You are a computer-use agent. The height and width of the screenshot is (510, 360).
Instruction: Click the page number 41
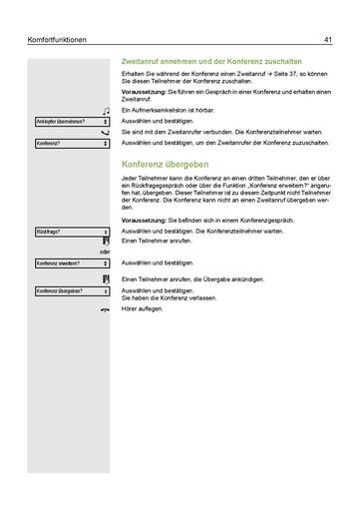pos(327,40)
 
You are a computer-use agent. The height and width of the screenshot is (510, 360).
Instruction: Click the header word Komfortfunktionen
pos(59,40)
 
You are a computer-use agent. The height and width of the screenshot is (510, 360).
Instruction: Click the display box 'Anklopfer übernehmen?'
pos(71,122)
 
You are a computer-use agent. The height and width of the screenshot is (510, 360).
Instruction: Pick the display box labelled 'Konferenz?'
pos(71,144)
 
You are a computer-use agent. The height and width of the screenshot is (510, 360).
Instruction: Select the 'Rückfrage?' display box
pos(71,232)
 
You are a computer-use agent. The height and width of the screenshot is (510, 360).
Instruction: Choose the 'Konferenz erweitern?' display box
pos(71,263)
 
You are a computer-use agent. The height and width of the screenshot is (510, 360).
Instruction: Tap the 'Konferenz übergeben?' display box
pos(71,291)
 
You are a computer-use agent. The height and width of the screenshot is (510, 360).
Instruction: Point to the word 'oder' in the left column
pos(103,252)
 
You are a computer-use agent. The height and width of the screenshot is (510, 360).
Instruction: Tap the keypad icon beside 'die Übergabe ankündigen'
pos(105,278)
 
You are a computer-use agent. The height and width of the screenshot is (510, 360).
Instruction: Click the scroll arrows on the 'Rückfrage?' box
pos(105,232)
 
